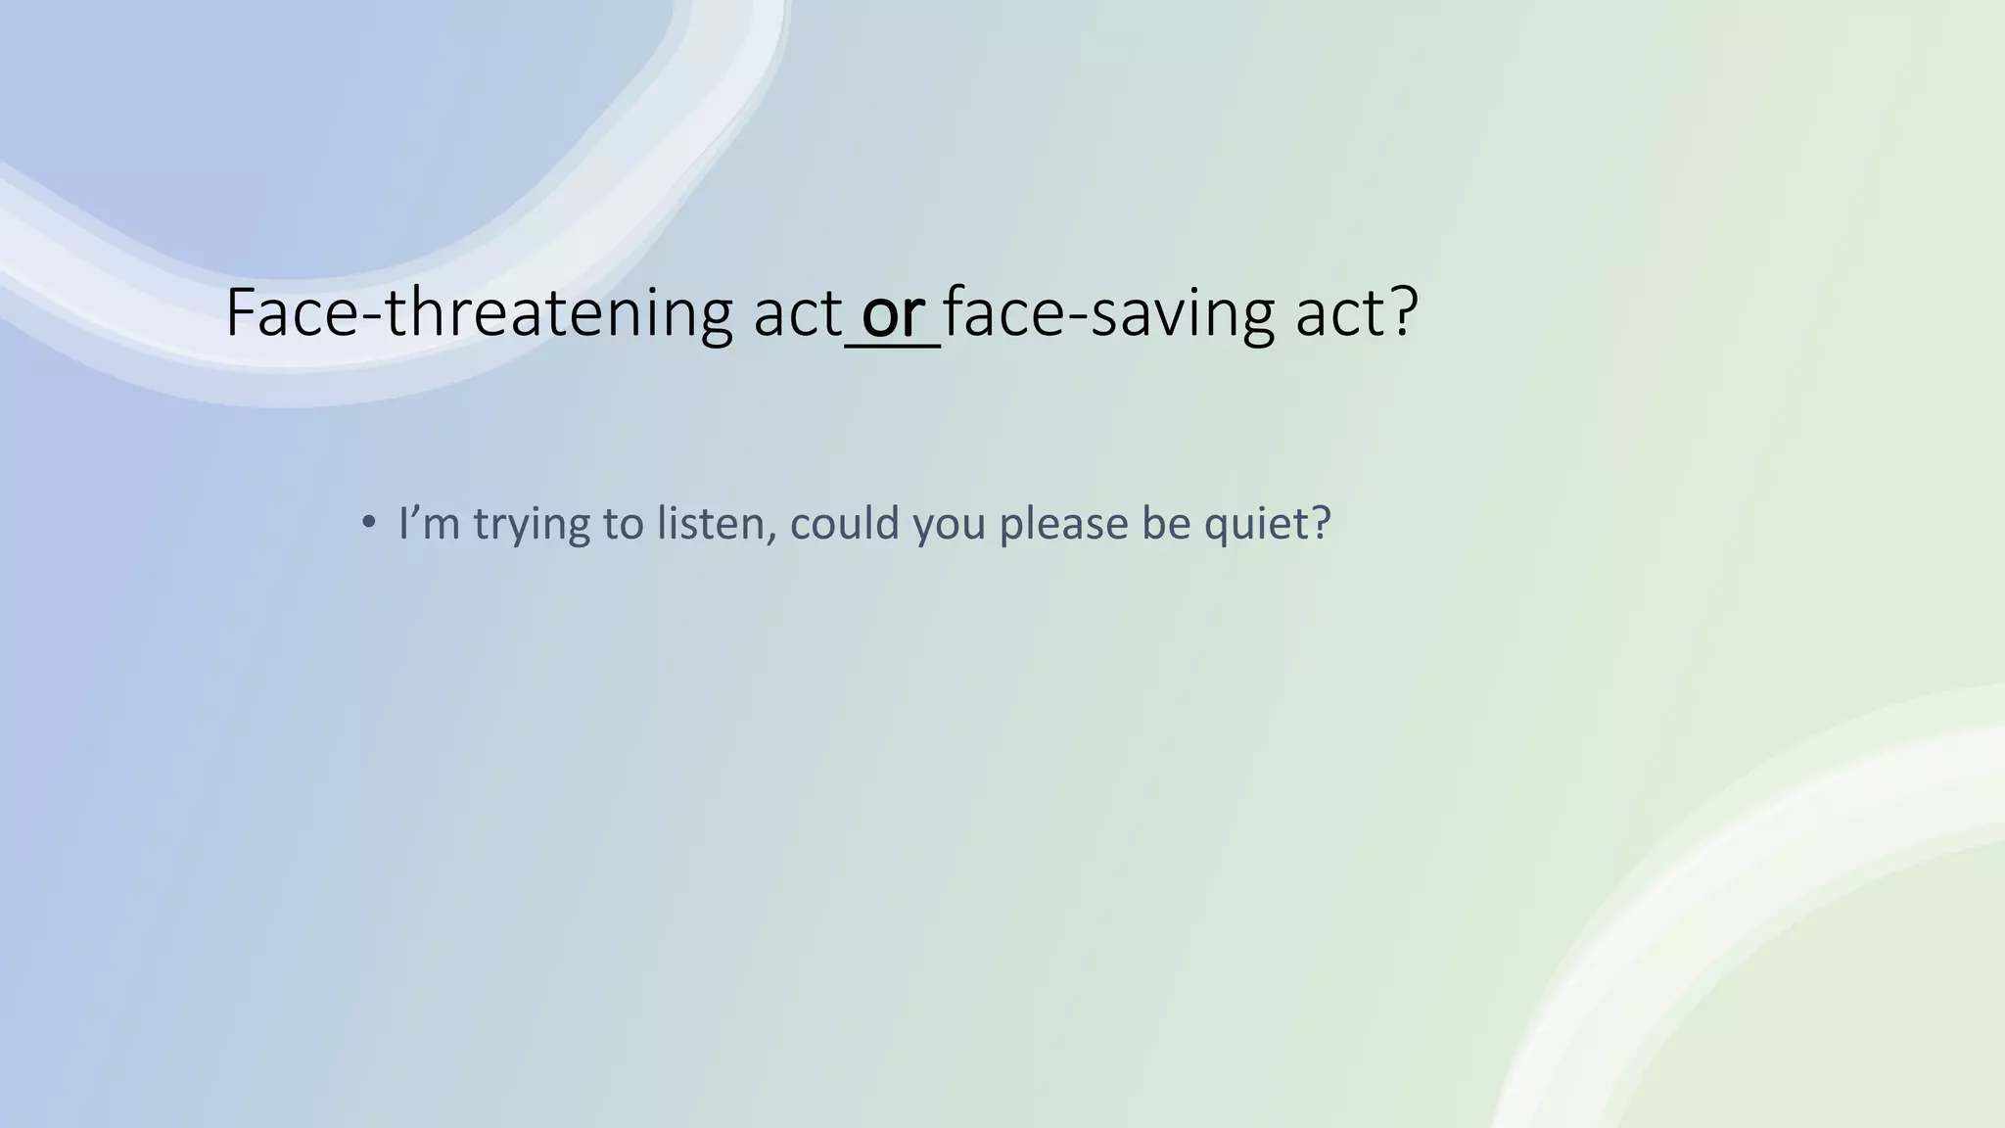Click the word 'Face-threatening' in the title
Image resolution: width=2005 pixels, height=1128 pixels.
(x=479, y=313)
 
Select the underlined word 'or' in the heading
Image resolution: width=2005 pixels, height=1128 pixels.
(x=893, y=313)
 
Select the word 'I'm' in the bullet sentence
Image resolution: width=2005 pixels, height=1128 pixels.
(x=429, y=524)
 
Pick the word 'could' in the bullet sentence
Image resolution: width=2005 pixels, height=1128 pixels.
(x=844, y=524)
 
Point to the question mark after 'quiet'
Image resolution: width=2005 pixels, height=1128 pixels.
(x=1321, y=524)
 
